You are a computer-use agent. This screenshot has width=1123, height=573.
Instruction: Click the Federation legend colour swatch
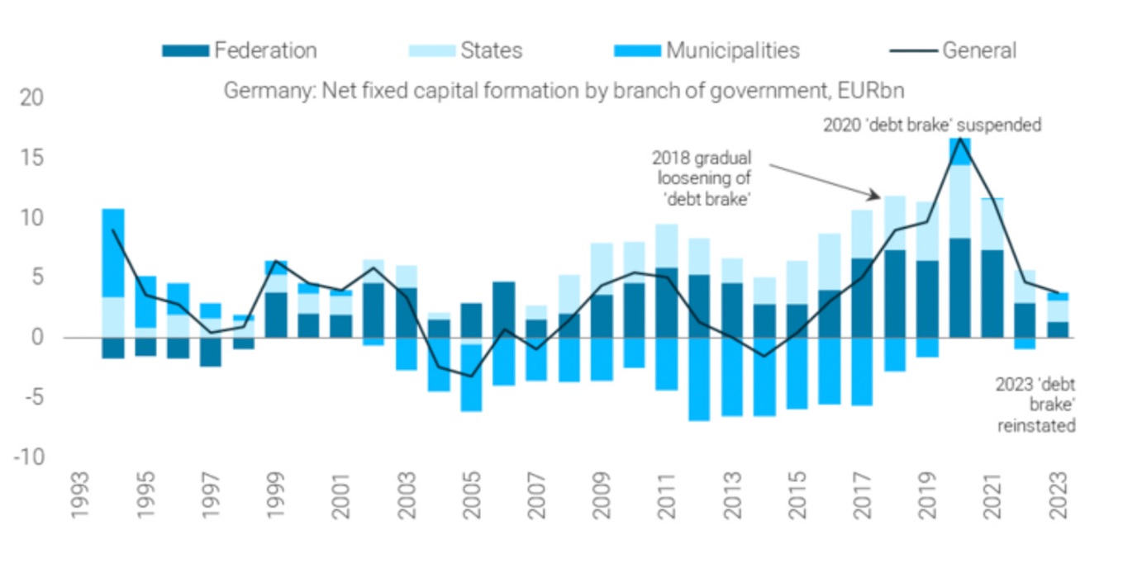(x=185, y=50)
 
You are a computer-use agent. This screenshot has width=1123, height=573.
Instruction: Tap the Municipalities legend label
(x=732, y=50)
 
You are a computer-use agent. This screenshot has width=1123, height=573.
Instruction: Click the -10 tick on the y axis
(x=30, y=457)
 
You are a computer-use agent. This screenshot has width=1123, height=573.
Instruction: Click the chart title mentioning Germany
(x=564, y=91)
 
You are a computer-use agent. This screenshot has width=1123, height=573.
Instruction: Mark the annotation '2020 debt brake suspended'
(x=931, y=125)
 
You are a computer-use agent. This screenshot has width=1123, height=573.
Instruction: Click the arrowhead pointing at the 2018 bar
(x=877, y=196)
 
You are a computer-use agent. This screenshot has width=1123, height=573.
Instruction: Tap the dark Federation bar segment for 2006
(x=504, y=310)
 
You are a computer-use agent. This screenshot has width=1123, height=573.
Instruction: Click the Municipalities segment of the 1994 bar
(x=113, y=253)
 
